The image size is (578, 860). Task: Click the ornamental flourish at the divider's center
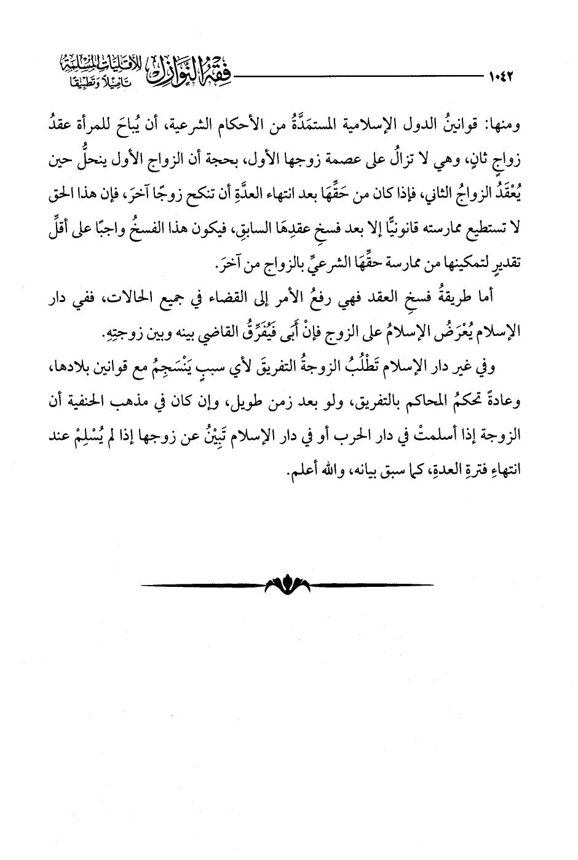click(x=287, y=585)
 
